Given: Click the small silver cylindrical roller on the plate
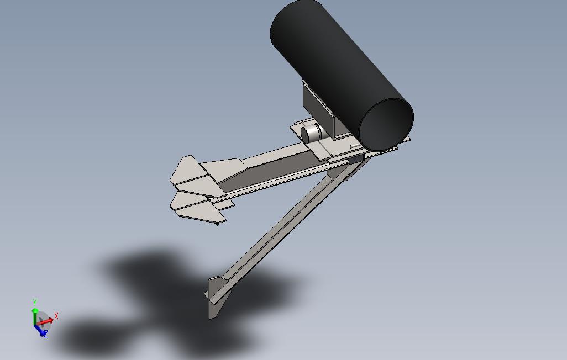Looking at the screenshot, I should coord(311,134).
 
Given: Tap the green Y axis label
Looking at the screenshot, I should coord(35,303).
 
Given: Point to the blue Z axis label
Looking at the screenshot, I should coord(45,334).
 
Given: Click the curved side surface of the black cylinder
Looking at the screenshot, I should coord(332,61).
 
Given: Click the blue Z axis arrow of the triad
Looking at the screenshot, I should coord(40,330).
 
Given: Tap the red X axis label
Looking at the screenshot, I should coord(56,316).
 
